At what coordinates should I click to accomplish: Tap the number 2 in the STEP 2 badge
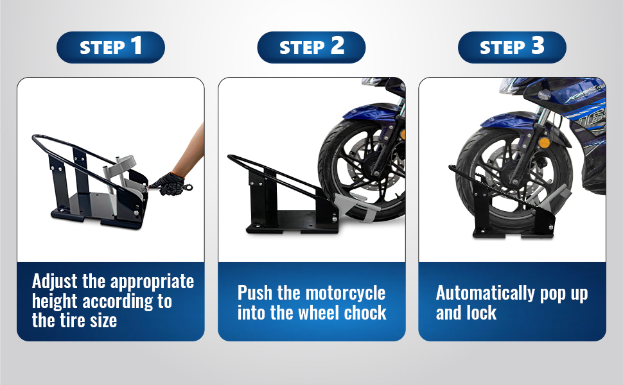(x=337, y=46)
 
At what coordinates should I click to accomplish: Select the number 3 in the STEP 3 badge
(x=538, y=46)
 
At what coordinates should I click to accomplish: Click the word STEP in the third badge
(x=503, y=48)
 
